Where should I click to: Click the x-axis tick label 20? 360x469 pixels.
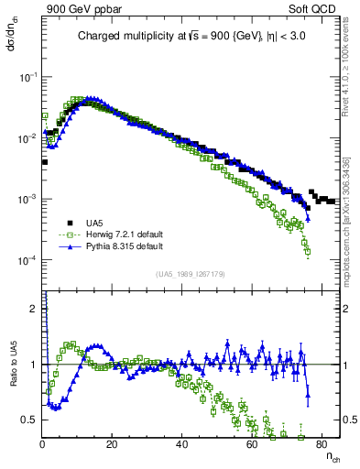(x=112, y=443)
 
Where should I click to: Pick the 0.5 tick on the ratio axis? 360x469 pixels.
(x=30, y=420)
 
